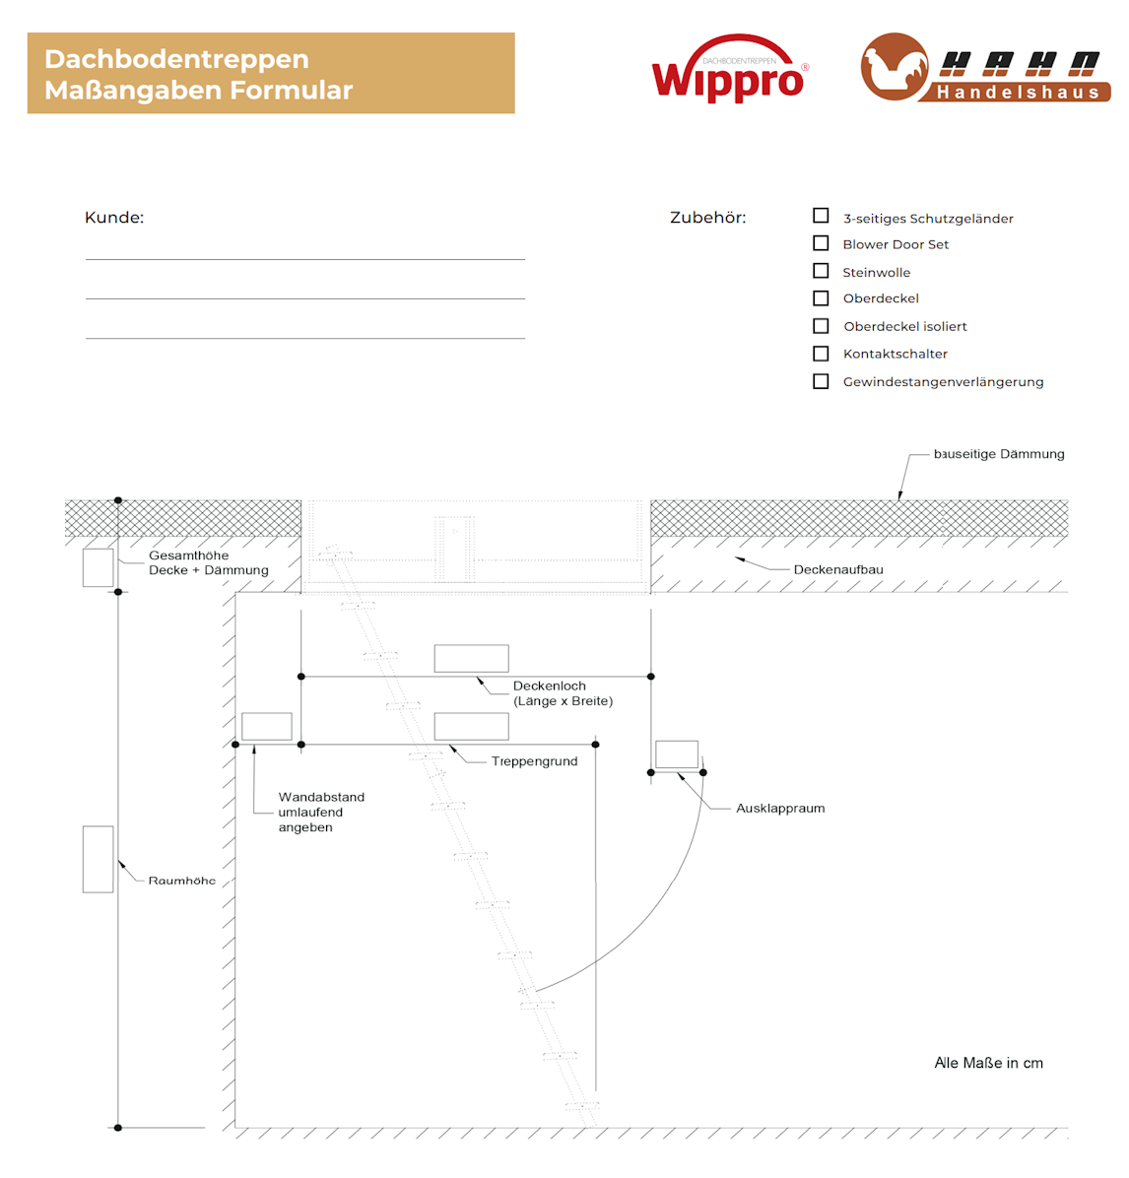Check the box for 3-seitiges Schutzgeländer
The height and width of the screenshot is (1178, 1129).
tap(821, 216)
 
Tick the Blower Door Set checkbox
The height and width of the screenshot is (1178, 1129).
tap(821, 243)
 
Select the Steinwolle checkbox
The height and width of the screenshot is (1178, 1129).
tap(821, 271)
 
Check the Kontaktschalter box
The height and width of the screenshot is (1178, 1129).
tap(821, 354)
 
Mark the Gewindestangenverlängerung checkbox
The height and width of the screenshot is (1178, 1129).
tap(821, 381)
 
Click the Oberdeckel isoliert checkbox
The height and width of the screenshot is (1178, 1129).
tap(821, 326)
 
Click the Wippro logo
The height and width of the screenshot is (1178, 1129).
tap(729, 71)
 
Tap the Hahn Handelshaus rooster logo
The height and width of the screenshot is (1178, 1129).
tap(895, 68)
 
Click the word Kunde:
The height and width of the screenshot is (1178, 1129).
tap(114, 218)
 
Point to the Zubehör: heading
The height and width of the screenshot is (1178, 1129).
tap(707, 218)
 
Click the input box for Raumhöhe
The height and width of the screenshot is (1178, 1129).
tap(98, 859)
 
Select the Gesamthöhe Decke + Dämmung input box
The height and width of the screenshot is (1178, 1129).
tap(98, 567)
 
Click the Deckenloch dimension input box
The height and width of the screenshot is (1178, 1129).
tap(471, 658)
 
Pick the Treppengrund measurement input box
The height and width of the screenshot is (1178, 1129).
tap(471, 726)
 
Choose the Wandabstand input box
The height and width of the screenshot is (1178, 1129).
tap(266, 726)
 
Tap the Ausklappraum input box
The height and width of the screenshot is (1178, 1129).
tap(677, 754)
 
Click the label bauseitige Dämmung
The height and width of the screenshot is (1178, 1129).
tap(999, 454)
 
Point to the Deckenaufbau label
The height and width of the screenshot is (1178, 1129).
tap(838, 569)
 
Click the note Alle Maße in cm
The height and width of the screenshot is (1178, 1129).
tap(988, 1063)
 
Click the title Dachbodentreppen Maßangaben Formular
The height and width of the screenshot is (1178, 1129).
tap(198, 74)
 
